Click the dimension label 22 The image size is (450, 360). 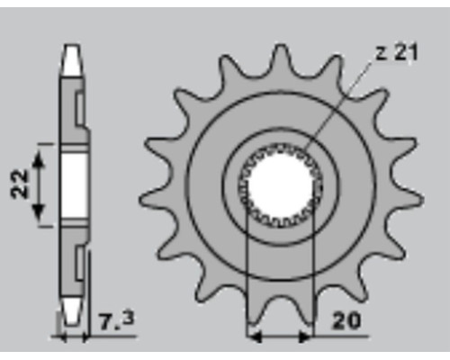[19, 184]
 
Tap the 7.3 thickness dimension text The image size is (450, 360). [116, 320]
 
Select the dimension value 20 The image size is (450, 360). [346, 321]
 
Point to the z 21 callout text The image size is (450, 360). [397, 52]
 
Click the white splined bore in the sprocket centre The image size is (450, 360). [281, 185]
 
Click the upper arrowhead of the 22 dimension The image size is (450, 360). [38, 159]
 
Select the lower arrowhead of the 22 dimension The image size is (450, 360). [38, 211]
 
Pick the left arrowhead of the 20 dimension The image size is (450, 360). [255, 337]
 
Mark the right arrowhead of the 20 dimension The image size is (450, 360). [305, 337]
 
